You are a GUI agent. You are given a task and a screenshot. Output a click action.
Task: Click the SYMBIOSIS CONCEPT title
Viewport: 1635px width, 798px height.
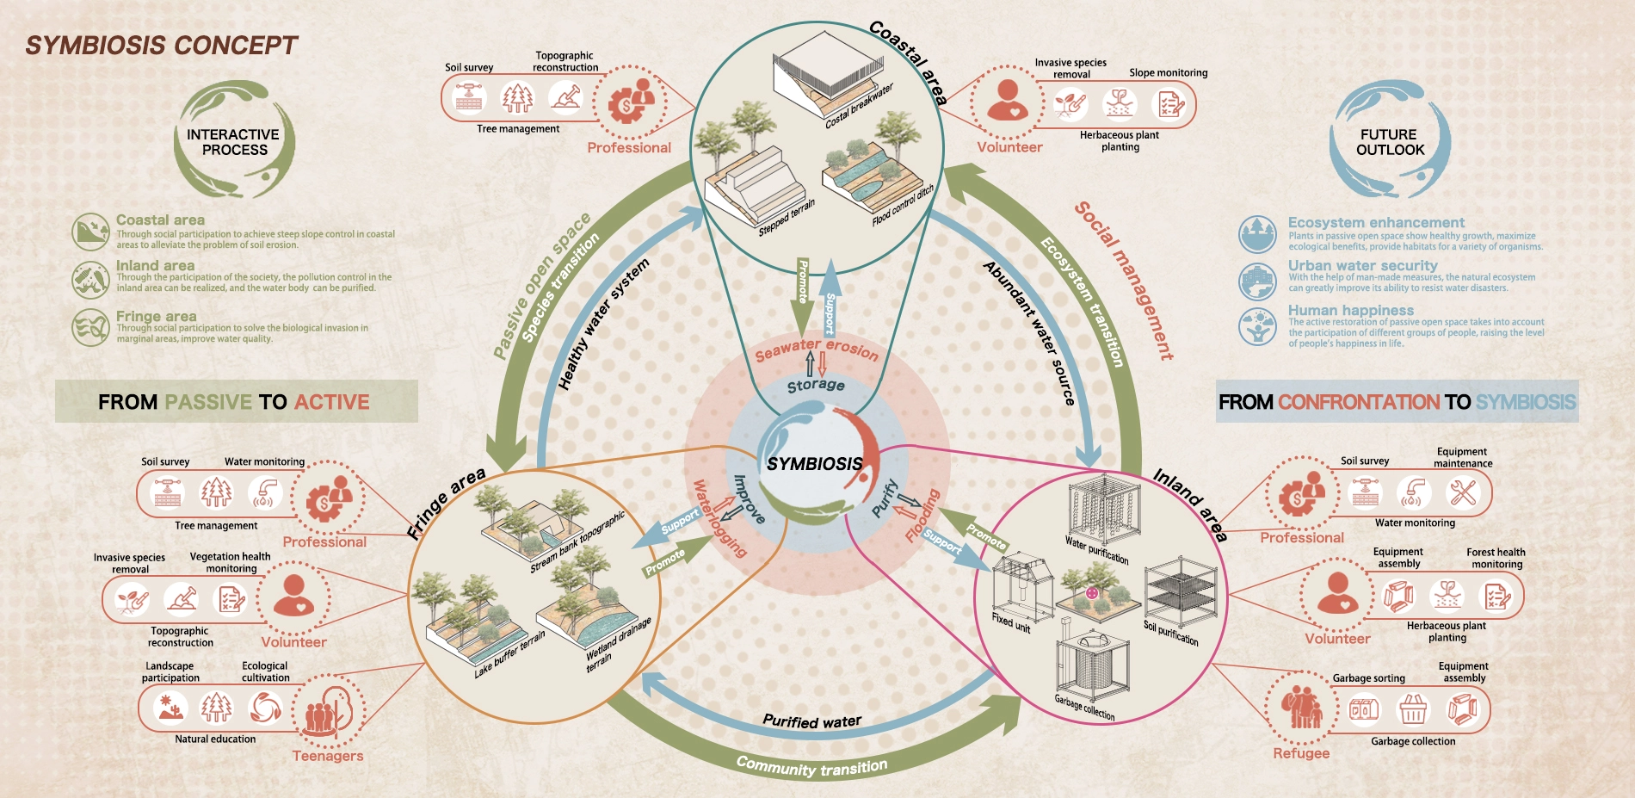[161, 45]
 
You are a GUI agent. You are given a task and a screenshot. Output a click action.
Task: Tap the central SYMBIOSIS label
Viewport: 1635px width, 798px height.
[814, 464]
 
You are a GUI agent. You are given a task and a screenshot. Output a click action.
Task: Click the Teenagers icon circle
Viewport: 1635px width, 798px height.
[328, 711]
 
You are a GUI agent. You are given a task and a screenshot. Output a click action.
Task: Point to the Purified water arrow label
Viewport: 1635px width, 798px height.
[811, 721]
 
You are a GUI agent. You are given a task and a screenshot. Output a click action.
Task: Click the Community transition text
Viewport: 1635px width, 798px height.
[811, 765]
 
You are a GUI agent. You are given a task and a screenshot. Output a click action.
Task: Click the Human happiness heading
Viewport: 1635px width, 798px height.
[1350, 310]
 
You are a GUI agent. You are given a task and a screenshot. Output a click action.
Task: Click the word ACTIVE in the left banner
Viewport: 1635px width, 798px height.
[331, 402]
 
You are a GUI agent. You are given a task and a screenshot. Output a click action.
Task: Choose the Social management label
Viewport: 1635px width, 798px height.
[1124, 280]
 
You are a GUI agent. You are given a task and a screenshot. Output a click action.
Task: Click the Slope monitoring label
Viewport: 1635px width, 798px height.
[1168, 73]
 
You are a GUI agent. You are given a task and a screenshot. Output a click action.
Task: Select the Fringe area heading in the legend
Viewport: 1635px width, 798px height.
[156, 317]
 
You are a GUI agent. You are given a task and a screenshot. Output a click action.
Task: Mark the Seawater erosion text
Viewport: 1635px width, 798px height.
[816, 349]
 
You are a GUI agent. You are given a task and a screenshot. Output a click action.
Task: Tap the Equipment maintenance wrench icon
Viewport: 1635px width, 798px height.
[1462, 492]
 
